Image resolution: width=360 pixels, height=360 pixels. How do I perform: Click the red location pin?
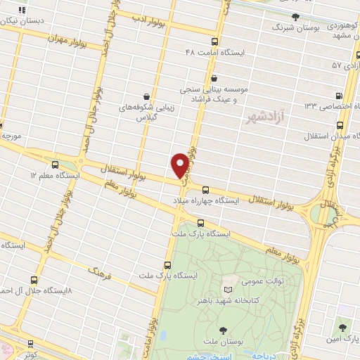tap(180, 165)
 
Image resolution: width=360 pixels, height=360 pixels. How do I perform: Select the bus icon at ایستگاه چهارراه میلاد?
tap(206, 189)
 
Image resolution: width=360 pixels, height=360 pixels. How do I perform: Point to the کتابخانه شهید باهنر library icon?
tap(226, 289)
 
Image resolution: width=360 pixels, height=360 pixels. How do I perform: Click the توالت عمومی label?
tap(242, 279)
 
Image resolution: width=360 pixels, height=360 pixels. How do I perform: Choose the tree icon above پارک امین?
tap(342, 329)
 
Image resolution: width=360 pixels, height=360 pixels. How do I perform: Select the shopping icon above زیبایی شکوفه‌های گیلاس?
tap(146, 96)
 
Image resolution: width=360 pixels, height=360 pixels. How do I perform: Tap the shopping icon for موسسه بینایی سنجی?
tap(214, 79)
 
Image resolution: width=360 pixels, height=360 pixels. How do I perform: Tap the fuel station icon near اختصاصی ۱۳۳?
tap(340, 95)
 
